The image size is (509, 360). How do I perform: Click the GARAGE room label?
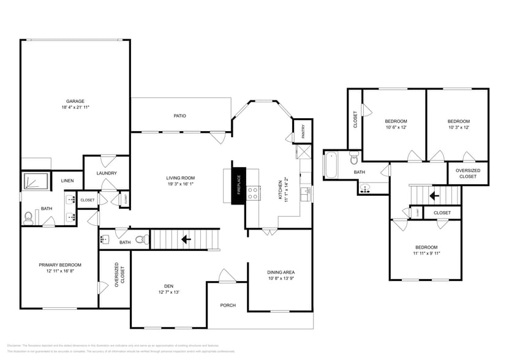tap(75, 101)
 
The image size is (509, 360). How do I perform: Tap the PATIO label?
tap(179, 116)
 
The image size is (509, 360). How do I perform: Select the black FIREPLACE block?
tap(238, 183)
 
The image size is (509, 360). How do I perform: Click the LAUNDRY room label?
tap(107, 173)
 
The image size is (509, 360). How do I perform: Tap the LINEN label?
tap(67, 181)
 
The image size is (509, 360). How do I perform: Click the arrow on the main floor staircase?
tap(186, 239)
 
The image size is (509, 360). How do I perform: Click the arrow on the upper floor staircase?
tap(433, 196)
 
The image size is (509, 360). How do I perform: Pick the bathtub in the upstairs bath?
tap(331, 164)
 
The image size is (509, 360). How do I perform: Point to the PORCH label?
tap(228, 306)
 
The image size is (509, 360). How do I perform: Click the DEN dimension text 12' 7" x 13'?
tap(168, 292)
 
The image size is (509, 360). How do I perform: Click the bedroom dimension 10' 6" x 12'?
tap(396, 127)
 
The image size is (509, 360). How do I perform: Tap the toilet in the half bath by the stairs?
tap(140, 239)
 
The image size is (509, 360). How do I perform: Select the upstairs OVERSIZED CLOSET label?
tap(468, 173)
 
